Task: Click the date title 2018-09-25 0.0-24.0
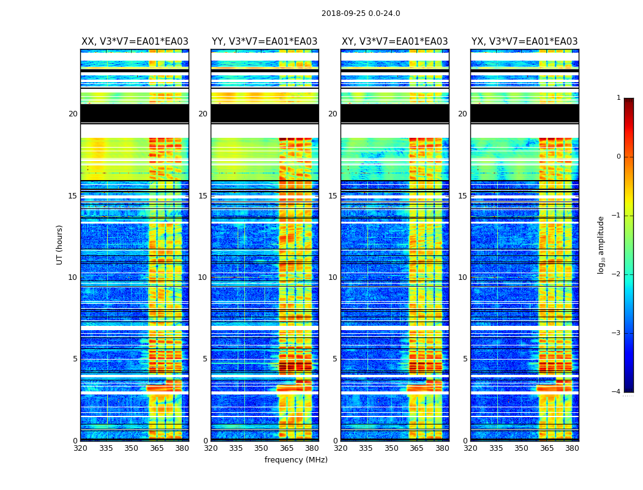coord(361,13)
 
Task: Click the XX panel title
coord(135,42)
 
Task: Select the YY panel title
coord(265,42)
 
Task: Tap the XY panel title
coord(394,42)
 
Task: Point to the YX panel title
coord(524,42)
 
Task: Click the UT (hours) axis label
coord(60,244)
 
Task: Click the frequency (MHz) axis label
coord(296,460)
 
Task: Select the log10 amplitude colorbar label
coord(601,244)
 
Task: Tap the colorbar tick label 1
coord(619,98)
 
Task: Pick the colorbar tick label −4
coord(617,392)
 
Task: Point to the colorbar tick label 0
coord(619,157)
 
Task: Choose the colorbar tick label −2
coord(617,274)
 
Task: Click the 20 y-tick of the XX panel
coord(73,114)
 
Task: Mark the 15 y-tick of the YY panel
coord(203,196)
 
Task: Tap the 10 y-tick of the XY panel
coord(333,277)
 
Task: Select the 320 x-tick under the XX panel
coord(80,448)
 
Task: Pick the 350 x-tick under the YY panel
coord(261,448)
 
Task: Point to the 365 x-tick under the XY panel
coord(416,448)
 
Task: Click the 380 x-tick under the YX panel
coord(572,448)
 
